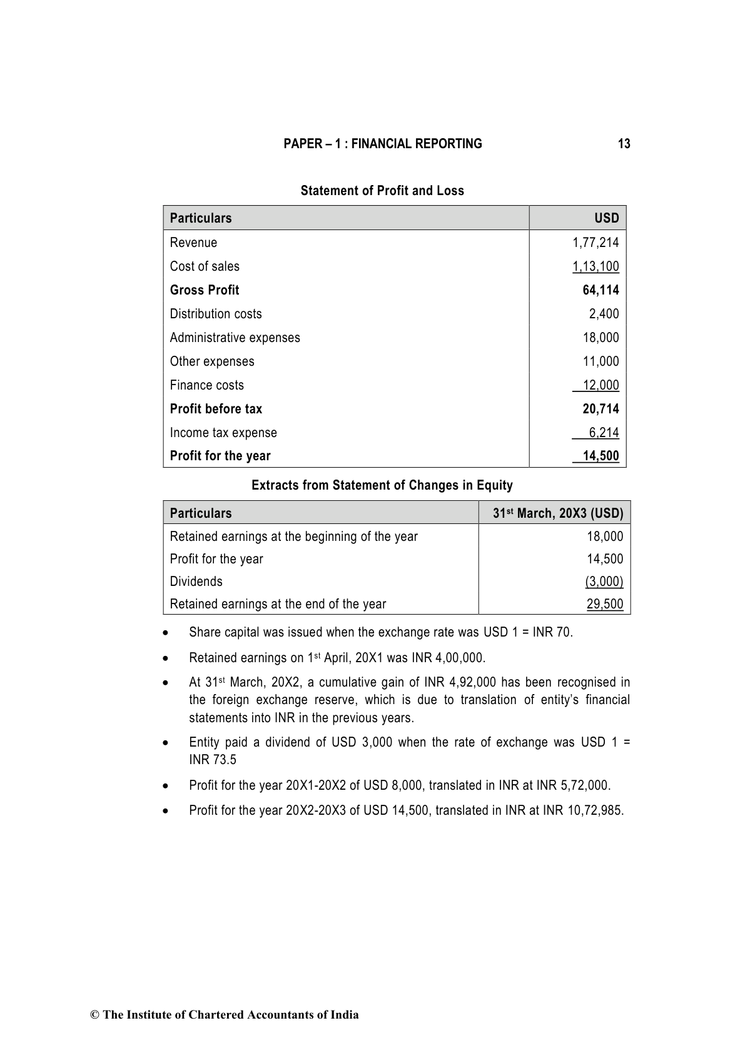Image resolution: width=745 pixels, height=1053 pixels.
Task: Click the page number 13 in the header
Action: pyautogui.click(x=624, y=144)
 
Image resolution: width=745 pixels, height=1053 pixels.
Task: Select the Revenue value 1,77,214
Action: pyautogui.click(x=595, y=243)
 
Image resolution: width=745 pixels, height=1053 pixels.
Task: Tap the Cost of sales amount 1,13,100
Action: pyautogui.click(x=595, y=266)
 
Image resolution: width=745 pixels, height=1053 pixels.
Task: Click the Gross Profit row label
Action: pyautogui.click(x=205, y=290)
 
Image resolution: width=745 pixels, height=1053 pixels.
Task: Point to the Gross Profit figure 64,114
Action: pyautogui.click(x=601, y=290)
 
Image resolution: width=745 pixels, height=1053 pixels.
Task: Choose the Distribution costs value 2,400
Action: pyautogui.click(x=604, y=314)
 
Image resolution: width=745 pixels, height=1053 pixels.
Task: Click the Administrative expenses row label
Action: pyautogui.click(x=235, y=338)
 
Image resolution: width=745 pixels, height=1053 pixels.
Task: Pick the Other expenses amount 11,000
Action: pyautogui.click(x=601, y=361)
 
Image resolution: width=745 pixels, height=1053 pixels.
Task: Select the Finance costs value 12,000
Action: pyautogui.click(x=601, y=385)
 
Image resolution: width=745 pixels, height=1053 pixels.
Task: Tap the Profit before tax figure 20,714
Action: pyautogui.click(x=601, y=409)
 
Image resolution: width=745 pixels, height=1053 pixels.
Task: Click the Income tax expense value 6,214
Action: pyautogui.click(x=604, y=433)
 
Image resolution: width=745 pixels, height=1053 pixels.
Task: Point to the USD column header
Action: pyautogui.click(x=606, y=218)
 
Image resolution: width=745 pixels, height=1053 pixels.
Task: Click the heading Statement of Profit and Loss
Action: pyautogui.click(x=382, y=191)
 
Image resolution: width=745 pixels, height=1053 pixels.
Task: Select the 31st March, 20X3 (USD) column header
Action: pyautogui.click(x=558, y=513)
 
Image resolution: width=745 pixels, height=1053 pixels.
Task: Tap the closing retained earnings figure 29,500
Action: pyautogui.click(x=605, y=604)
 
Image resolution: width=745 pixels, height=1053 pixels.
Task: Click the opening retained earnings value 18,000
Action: pyautogui.click(x=605, y=537)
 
